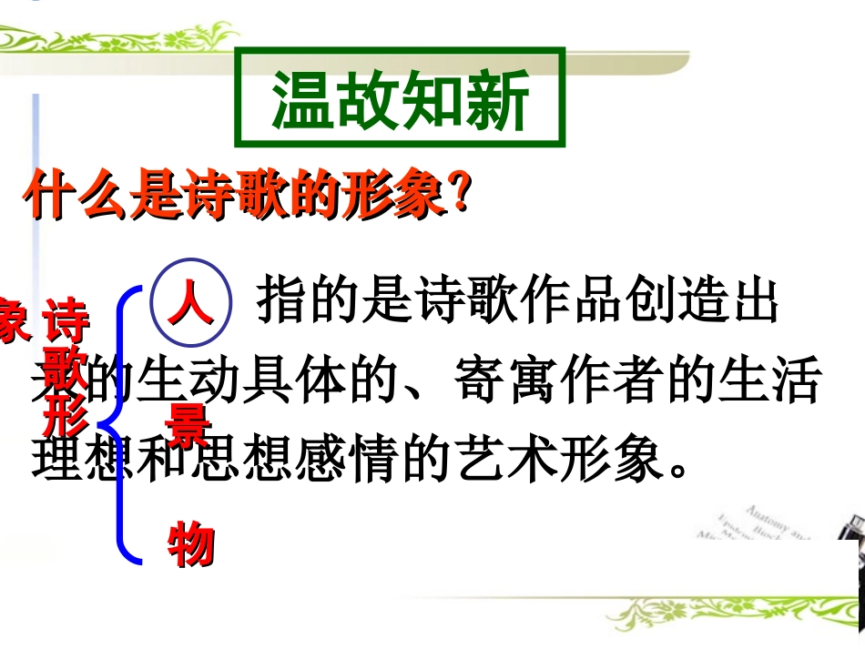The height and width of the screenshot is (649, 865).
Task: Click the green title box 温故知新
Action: pyautogui.click(x=400, y=98)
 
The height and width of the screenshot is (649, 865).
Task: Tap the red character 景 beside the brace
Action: pyautogui.click(x=188, y=424)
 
